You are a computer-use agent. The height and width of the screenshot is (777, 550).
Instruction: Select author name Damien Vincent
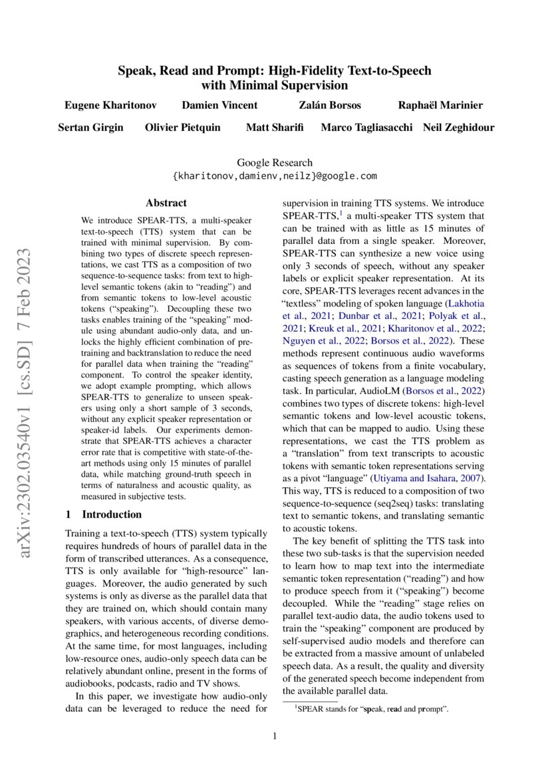pyautogui.click(x=219, y=106)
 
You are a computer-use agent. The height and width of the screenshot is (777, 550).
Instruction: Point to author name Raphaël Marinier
pyautogui.click(x=440, y=106)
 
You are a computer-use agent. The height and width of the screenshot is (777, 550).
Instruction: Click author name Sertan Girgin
pyautogui.click(x=91, y=127)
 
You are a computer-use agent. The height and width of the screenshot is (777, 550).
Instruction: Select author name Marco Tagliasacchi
pyautogui.click(x=366, y=127)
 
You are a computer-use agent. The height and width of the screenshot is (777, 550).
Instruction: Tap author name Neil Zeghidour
pyautogui.click(x=458, y=127)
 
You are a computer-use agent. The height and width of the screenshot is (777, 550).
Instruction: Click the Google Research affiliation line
pyautogui.click(x=275, y=163)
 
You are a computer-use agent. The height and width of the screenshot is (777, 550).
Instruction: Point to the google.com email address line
pyautogui.click(x=275, y=176)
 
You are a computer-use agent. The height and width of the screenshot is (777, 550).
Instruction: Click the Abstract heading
pyautogui.click(x=166, y=203)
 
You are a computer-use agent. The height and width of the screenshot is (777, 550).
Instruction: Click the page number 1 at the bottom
pyautogui.click(x=275, y=736)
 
